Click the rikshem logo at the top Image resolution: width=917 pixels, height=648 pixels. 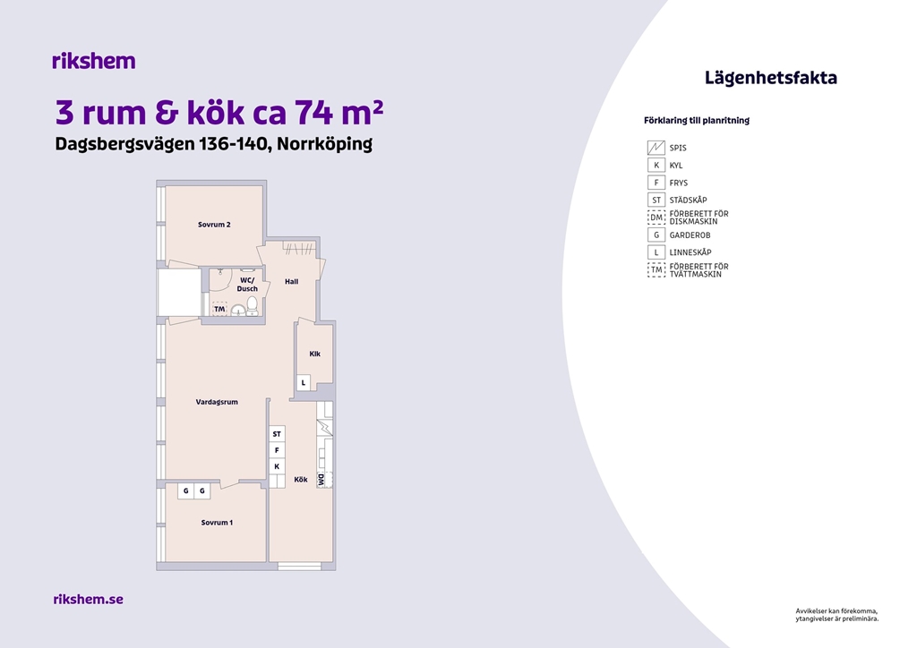(93, 61)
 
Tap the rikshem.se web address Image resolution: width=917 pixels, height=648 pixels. (89, 599)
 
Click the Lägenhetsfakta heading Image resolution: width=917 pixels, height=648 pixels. (770, 78)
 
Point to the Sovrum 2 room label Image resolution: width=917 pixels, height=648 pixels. (214, 225)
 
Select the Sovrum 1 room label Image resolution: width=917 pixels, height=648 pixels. (217, 523)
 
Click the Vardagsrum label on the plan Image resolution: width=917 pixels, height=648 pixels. (217, 402)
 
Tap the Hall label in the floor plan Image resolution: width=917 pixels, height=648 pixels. (291, 282)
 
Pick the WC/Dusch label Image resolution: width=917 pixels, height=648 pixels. (247, 285)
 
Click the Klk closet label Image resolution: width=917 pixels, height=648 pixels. (314, 354)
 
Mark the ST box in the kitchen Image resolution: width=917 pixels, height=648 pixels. (277, 433)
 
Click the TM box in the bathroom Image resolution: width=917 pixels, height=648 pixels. (219, 309)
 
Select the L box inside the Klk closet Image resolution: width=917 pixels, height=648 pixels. (303, 383)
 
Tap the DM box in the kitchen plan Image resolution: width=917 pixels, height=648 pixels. (321, 480)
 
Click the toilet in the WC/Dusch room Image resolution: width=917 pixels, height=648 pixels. (252, 305)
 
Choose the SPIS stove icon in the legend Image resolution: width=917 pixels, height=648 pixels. (656, 148)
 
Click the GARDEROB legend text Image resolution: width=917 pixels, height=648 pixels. (690, 234)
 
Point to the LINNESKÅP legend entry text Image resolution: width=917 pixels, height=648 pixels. (690, 252)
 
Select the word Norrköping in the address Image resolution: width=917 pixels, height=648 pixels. (324, 144)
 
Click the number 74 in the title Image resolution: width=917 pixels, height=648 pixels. (313, 112)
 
